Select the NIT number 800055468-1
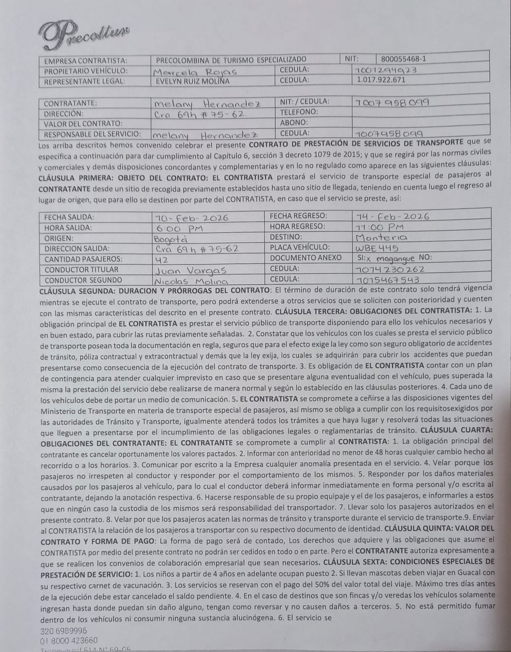403,59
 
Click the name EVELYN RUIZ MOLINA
193,81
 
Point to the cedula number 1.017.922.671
381,80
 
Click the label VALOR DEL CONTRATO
83,124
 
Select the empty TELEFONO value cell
420,113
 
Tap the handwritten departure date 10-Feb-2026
191,217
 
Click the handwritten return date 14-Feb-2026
392,216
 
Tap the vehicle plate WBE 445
377,248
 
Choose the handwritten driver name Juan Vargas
190,271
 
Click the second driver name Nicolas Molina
190,281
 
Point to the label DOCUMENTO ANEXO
306,258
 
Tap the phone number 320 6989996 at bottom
63,631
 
